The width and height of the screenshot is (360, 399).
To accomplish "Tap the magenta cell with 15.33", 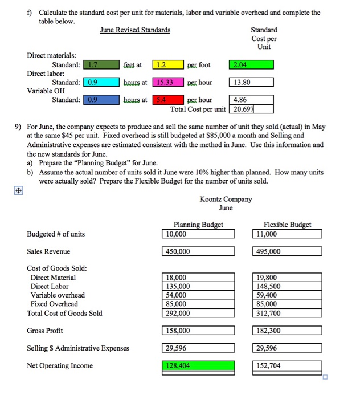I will click(170, 83).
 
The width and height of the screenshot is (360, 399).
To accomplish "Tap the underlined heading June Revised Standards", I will click(135, 30).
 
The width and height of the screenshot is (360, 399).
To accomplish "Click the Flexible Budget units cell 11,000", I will click(286, 234).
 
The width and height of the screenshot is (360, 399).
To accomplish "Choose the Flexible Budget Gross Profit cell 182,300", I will click(286, 331).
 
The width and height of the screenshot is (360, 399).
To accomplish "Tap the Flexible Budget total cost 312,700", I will click(286, 313).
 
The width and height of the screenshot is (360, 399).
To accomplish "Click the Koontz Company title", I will click(226, 199).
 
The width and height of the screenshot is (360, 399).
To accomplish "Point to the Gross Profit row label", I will click(45, 331).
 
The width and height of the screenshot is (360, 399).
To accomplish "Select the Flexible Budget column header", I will click(287, 225).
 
